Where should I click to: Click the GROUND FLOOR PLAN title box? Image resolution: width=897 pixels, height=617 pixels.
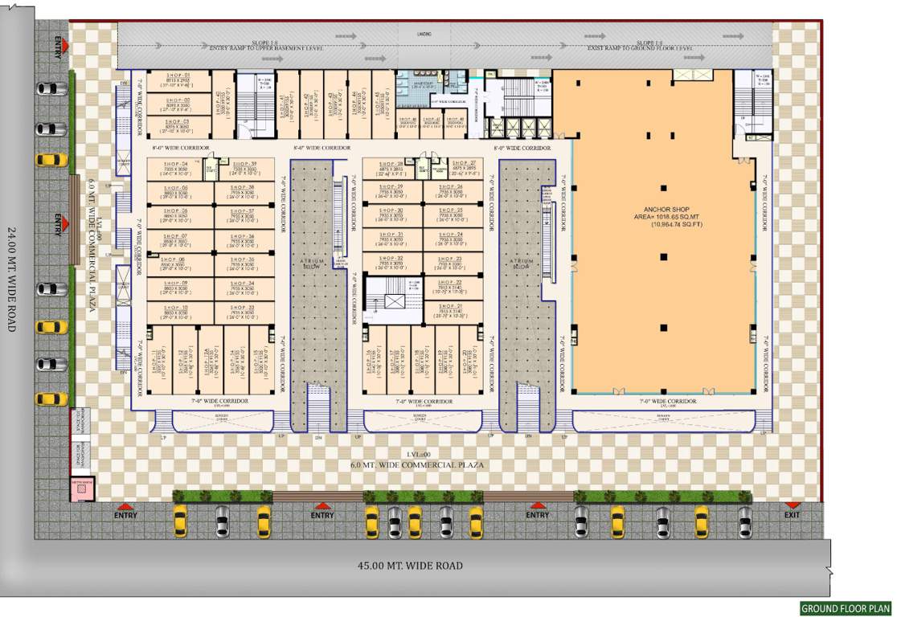point(846,608)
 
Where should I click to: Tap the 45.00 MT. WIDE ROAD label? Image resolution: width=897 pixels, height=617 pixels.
point(410,566)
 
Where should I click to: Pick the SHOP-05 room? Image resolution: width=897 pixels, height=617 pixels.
point(179,192)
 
